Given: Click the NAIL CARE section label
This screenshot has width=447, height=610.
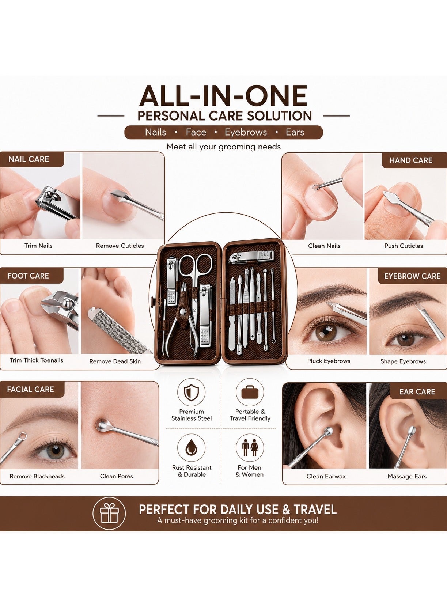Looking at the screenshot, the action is [29, 159].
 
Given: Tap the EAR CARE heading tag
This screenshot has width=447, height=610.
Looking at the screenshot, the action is [417, 391].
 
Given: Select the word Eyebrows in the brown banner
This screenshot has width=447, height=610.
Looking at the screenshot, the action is [246, 132].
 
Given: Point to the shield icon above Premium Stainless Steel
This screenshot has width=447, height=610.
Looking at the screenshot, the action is [191, 393].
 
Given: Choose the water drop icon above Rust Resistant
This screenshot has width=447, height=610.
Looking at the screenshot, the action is [191, 448].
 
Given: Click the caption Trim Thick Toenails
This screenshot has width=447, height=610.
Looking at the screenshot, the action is [36, 360].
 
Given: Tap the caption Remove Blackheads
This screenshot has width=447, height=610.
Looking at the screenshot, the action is [37, 476].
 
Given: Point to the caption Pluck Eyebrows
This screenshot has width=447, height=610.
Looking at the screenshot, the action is [329, 361].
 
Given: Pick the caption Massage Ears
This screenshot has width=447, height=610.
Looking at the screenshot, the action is [407, 477].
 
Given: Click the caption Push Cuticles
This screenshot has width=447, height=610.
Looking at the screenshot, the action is [404, 246].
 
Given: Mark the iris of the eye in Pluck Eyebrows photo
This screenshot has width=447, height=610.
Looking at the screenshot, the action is [326, 332].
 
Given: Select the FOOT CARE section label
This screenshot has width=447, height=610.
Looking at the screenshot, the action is [28, 276].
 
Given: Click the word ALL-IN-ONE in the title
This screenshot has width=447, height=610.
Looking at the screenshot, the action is [223, 96].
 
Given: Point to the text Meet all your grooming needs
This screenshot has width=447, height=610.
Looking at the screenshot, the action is [223, 147].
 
